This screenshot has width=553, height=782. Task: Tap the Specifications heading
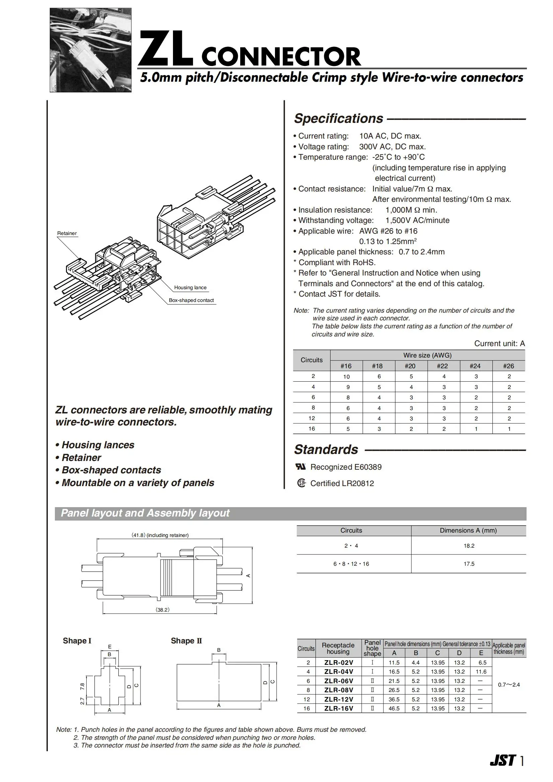tap(339, 119)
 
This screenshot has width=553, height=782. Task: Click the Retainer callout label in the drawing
tap(67, 233)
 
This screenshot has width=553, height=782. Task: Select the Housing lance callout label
tap(190, 288)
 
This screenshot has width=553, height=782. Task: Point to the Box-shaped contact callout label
tap(191, 300)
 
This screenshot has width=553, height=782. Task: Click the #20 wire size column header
tap(410, 366)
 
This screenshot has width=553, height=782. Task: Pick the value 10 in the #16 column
tap(346, 377)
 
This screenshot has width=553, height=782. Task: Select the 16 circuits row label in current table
tap(311, 428)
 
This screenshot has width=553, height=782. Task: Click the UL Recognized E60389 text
tap(346, 467)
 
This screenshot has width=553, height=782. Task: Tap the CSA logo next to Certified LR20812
tap(301, 483)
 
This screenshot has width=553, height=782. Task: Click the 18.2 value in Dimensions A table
tap(469, 546)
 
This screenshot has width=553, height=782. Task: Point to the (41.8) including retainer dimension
tap(160, 535)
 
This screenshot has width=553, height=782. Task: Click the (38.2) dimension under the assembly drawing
tap(163, 610)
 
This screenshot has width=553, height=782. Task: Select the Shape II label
tap(186, 641)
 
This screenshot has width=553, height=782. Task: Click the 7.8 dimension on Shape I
tap(82, 686)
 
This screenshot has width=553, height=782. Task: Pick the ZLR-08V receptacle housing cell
tap(339, 690)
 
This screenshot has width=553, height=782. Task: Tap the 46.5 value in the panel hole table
tap(394, 708)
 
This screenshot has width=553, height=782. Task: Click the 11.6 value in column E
tap(481, 672)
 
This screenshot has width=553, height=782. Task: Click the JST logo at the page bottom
tap(502, 761)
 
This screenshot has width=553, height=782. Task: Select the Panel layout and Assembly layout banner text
tap(145, 513)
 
